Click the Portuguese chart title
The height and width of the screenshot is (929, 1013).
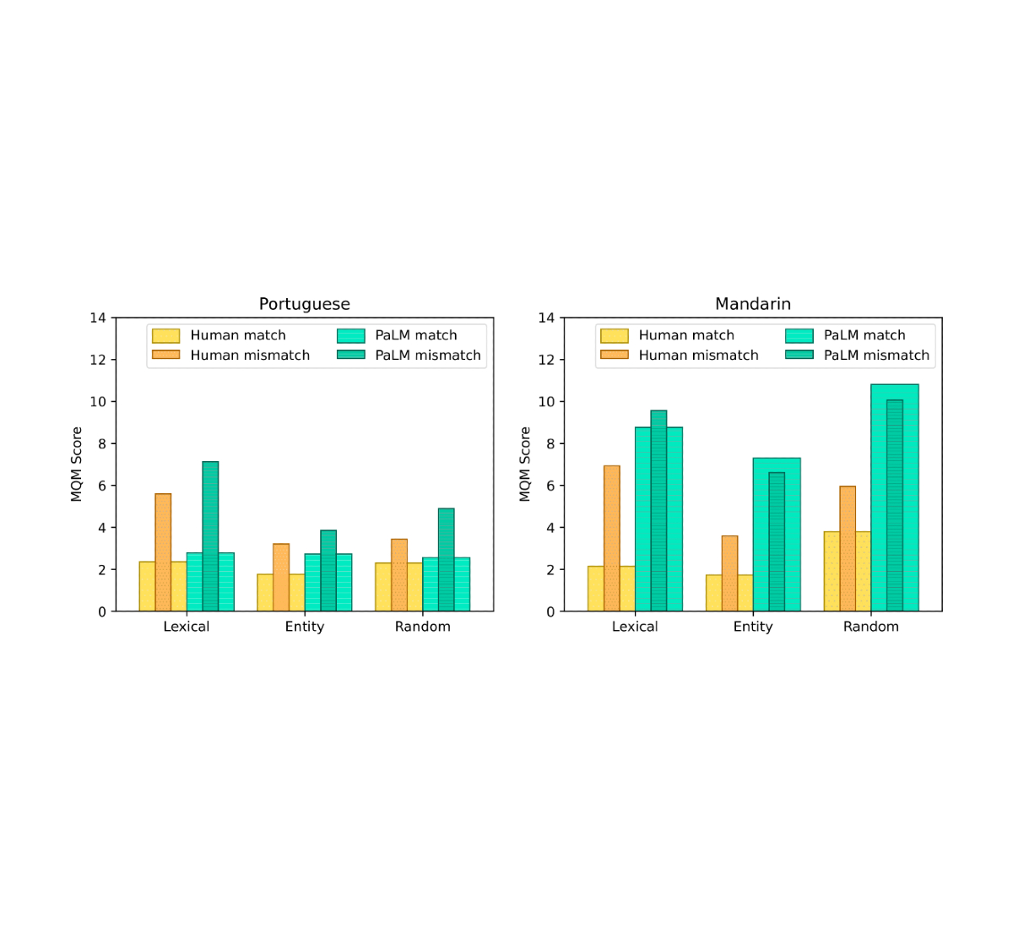(304, 304)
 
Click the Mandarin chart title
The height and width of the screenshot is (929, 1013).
(752, 304)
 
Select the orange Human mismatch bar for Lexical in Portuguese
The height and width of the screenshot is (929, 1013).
(163, 552)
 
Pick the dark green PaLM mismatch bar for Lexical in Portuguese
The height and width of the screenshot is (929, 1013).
(210, 536)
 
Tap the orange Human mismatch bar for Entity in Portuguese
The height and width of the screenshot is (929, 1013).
(281, 578)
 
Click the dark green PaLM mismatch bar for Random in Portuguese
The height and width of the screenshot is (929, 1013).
(446, 560)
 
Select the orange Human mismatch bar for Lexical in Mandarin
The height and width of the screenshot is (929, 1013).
(611, 538)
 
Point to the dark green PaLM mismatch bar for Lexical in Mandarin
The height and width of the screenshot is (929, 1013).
(658, 511)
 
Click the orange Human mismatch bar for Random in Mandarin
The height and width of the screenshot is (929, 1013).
(848, 549)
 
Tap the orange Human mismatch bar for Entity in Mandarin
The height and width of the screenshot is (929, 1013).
(729, 573)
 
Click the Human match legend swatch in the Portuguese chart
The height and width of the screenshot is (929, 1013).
(165, 335)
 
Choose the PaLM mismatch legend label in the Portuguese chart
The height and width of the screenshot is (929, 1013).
(428, 356)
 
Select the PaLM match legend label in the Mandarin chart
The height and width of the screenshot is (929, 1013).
(864, 335)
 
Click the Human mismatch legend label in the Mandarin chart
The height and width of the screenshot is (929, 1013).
(698, 356)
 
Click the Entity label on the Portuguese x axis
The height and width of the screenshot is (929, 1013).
(304, 627)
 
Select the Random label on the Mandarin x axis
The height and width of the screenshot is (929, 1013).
(870, 627)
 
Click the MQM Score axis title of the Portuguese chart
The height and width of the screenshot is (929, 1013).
(76, 464)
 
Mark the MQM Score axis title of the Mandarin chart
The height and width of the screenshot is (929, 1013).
(525, 464)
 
